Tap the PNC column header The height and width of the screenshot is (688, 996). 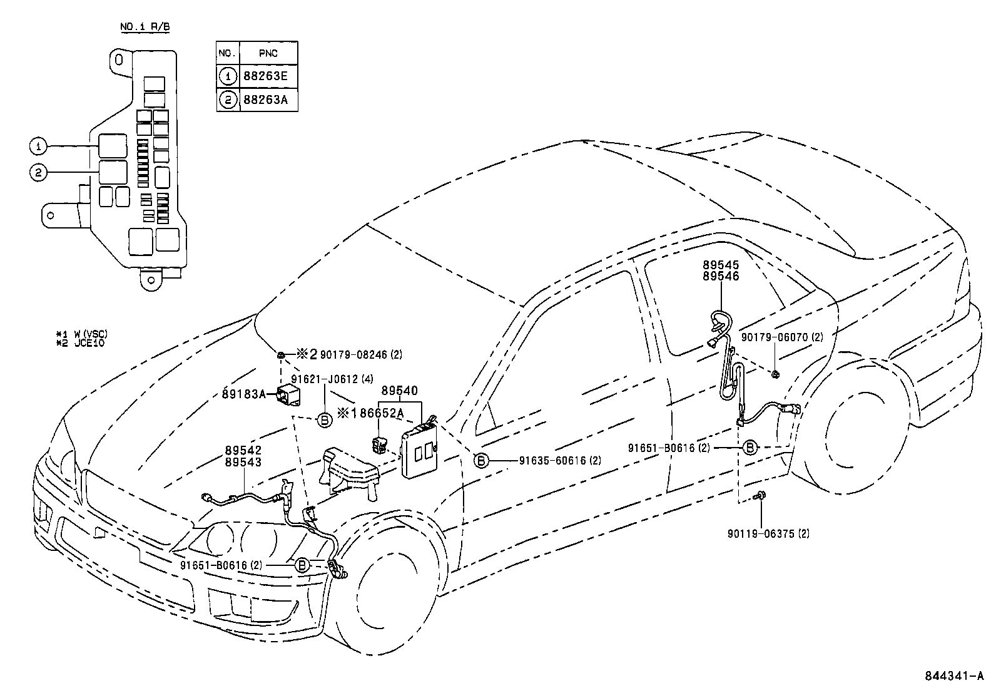[x=268, y=53]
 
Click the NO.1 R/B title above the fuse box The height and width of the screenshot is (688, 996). [x=145, y=27]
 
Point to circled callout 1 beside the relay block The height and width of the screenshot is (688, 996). [x=38, y=146]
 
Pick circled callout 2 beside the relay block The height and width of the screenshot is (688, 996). [x=38, y=173]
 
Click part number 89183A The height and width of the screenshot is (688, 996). [x=244, y=393]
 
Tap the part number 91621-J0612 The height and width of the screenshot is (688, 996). [x=325, y=379]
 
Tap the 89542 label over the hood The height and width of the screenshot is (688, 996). [x=243, y=451]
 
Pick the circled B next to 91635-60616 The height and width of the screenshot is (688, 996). [x=480, y=461]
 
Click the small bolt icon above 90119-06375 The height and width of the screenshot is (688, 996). [x=761, y=496]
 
